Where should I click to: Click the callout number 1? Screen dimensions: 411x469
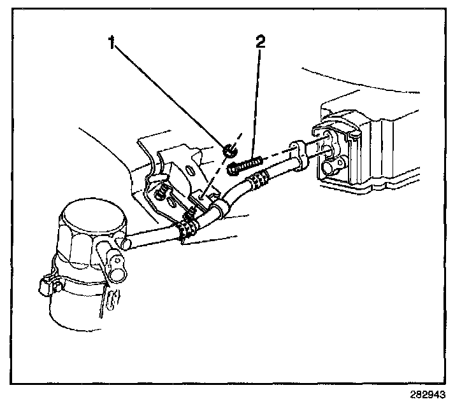click(112, 43)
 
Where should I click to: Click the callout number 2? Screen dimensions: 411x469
click(260, 42)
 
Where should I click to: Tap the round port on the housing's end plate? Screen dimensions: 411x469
click(329, 168)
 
